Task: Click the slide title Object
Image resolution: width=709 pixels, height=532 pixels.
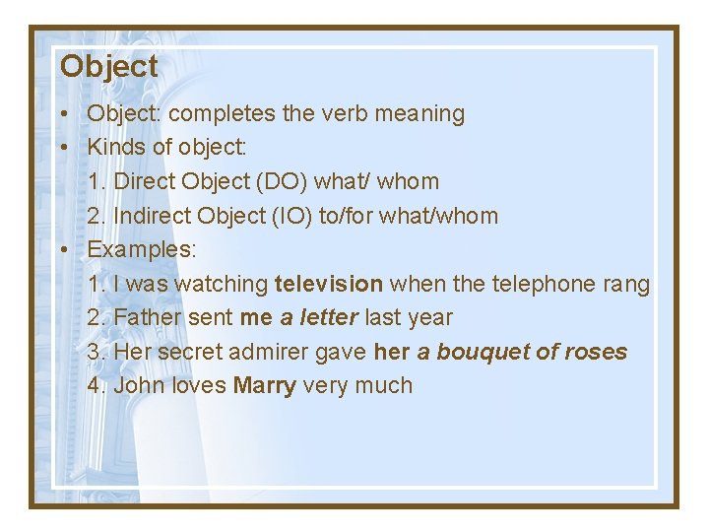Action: [108, 67]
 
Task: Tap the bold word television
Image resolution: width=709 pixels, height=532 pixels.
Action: [329, 284]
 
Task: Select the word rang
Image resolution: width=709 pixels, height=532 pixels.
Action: [625, 284]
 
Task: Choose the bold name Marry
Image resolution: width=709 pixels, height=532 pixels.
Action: [265, 386]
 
